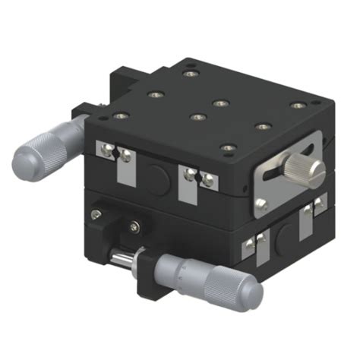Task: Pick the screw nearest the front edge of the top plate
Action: click(x=226, y=147)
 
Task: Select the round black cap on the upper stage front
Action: click(x=157, y=177)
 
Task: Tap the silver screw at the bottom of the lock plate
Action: click(x=262, y=203)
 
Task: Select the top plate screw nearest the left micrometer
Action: click(x=118, y=116)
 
